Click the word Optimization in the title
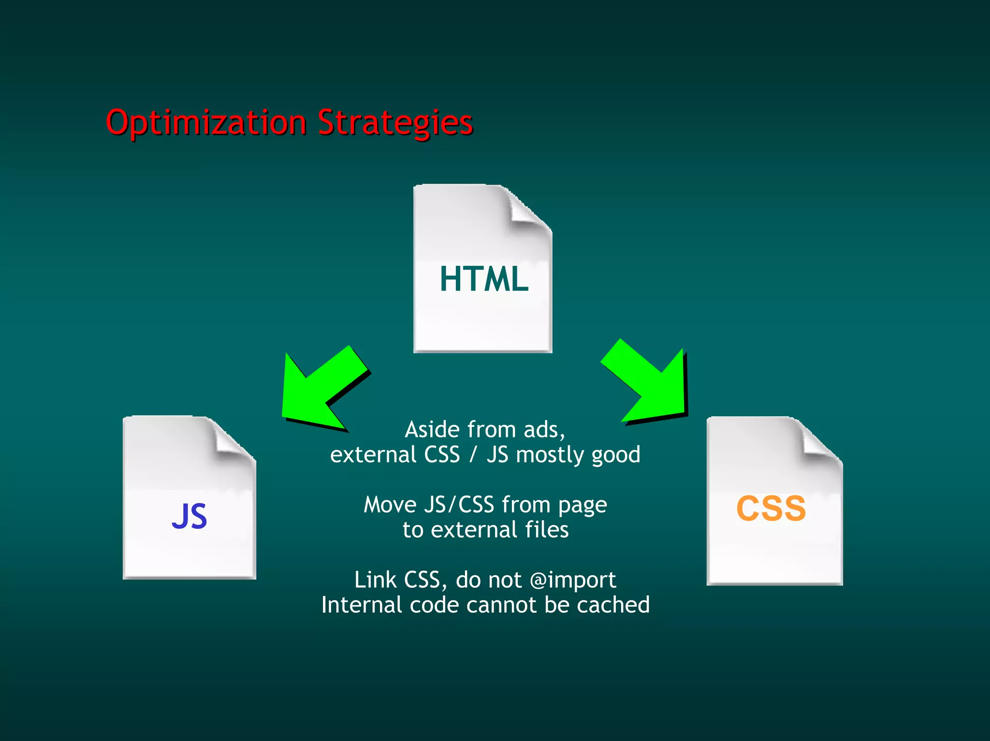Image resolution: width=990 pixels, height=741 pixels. pyautogui.click(x=206, y=123)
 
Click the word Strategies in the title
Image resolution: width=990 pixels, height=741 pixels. pyautogui.click(x=395, y=123)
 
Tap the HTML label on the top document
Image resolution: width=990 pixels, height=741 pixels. pyautogui.click(x=484, y=279)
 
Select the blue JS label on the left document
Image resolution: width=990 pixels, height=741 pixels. pyautogui.click(x=189, y=516)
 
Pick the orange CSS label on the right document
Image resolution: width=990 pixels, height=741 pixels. pyautogui.click(x=771, y=509)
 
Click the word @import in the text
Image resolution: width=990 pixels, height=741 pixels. pyautogui.click(x=573, y=580)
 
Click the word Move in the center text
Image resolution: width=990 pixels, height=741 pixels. pyautogui.click(x=390, y=505)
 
